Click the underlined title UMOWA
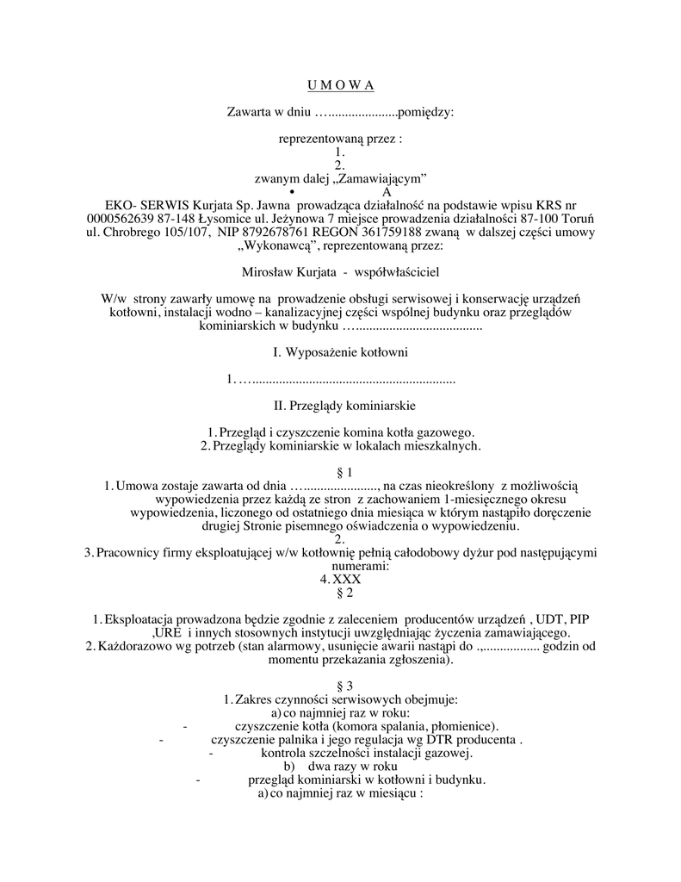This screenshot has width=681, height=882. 340,84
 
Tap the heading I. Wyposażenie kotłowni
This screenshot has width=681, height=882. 340,352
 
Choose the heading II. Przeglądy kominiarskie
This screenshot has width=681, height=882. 340,404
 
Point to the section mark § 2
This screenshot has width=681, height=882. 340,593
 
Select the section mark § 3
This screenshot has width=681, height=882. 340,686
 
